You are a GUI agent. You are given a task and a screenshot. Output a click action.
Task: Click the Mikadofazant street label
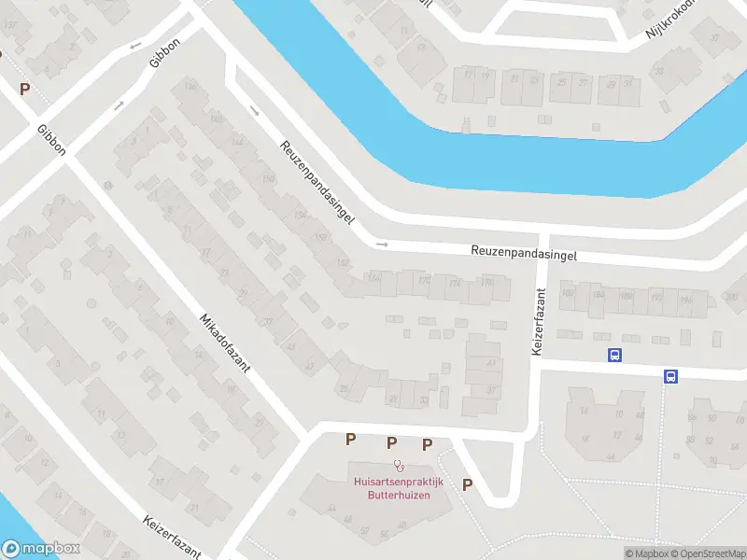tap(224, 344)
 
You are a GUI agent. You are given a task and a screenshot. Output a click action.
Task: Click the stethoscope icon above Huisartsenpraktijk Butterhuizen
tap(399, 464)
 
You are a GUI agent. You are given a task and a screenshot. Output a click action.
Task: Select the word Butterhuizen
tap(399, 495)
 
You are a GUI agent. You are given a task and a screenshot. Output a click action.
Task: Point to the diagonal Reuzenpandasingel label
tap(317, 183)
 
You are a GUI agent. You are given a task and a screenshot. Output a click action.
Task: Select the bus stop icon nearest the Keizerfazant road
tap(615, 355)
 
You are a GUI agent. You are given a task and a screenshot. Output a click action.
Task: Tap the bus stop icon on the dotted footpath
tap(670, 376)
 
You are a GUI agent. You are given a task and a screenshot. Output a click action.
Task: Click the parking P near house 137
tap(25, 89)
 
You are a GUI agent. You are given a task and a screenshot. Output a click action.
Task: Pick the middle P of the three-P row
tap(392, 441)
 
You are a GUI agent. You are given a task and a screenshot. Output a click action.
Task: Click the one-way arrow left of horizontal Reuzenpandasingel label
tap(381, 245)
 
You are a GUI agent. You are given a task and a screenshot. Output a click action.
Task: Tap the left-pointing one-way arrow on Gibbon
tap(136, 46)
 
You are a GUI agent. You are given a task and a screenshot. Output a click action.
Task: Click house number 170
tap(426, 279)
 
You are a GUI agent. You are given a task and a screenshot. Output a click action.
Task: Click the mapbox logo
tap(40, 549)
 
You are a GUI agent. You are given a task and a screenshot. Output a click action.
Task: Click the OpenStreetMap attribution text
tap(707, 553)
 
